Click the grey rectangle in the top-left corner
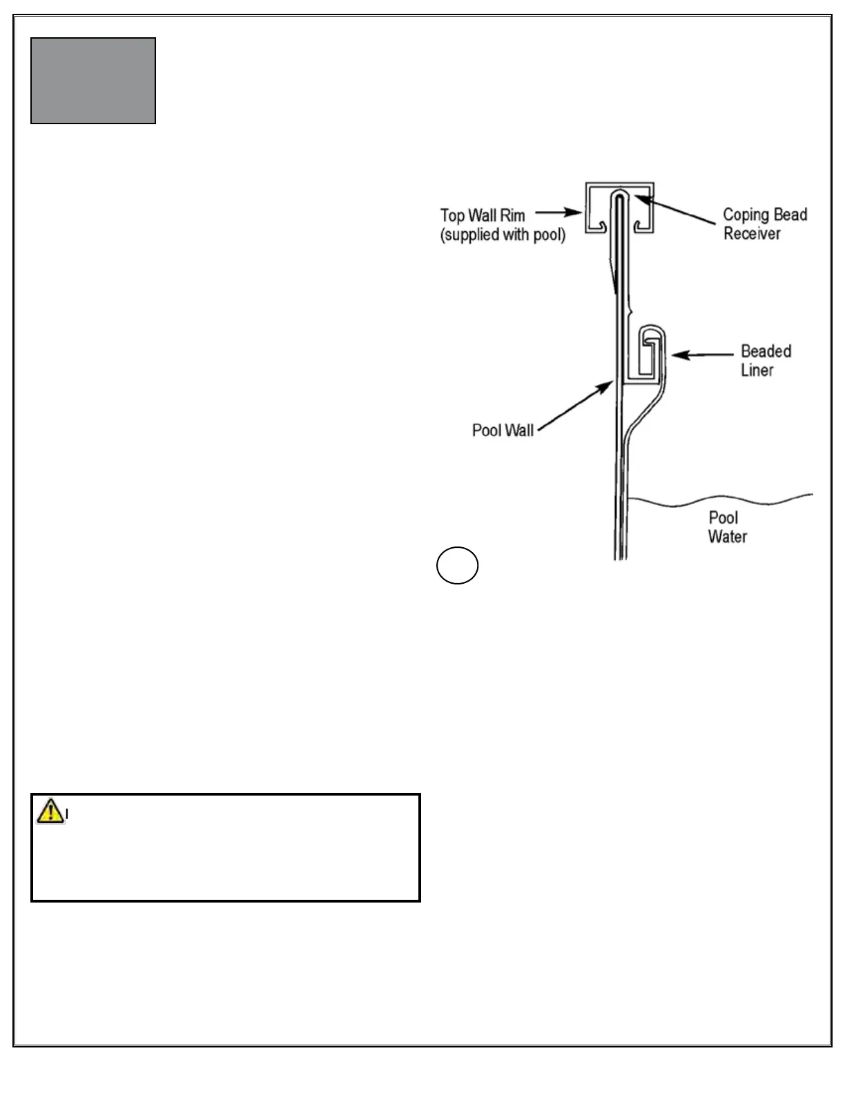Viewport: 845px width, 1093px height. coord(93,81)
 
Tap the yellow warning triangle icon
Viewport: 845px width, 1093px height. coord(50,811)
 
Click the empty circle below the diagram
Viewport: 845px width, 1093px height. coord(457,566)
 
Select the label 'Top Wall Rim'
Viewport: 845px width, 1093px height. coord(483,215)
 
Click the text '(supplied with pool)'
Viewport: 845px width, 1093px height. coord(503,235)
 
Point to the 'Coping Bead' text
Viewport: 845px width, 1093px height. coord(765,215)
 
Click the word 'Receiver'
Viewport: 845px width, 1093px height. coord(752,234)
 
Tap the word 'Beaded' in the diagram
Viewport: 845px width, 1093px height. coord(766,351)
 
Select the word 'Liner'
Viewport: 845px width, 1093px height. coord(757,371)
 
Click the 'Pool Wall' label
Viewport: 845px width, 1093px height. coord(503,431)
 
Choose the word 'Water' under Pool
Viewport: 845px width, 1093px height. coord(727,537)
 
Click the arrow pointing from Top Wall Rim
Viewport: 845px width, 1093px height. coord(559,213)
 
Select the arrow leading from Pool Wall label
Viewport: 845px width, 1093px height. coord(575,406)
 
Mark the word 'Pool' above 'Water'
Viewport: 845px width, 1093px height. coord(723,518)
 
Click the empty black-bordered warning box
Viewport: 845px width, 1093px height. coord(226,856)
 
